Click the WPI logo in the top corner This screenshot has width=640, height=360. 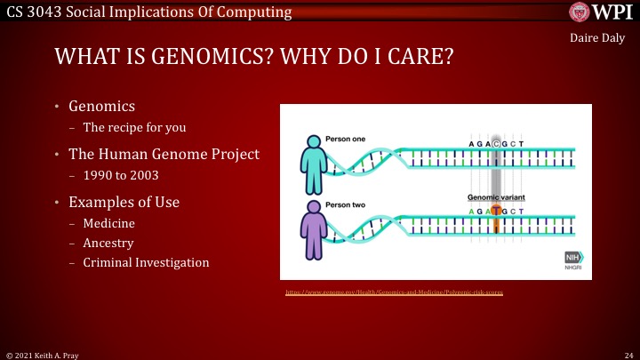point(601,12)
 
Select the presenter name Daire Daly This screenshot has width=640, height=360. point(597,38)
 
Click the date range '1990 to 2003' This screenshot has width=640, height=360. point(118,176)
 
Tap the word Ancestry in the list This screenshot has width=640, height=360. point(108,243)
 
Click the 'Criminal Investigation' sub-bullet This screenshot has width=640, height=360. point(146,262)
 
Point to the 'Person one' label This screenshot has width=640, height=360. point(345,140)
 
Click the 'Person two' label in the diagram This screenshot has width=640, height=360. point(345,205)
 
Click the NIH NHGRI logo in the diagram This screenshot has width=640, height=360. point(574,260)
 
